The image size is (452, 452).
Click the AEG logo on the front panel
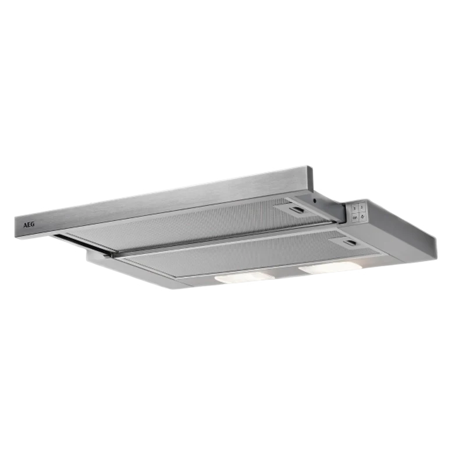[29, 225]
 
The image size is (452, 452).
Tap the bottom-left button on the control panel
[355, 217]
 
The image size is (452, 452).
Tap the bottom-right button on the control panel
[363, 216]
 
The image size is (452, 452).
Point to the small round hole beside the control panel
[315, 201]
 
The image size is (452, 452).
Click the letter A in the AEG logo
[25, 225]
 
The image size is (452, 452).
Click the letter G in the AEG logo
[33, 225]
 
